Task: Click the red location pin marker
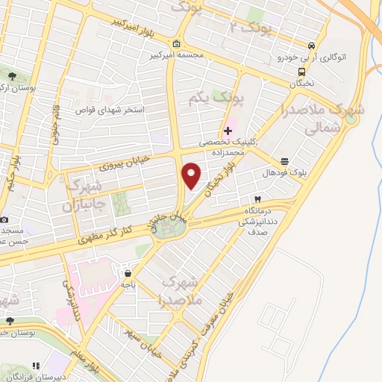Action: pos(192,174)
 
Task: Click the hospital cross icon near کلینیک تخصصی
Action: pos(228,131)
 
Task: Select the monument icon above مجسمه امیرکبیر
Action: pos(175,43)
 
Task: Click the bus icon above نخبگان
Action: pos(301,72)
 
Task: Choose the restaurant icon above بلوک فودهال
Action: pos(284,161)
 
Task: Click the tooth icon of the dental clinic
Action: pos(257,199)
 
